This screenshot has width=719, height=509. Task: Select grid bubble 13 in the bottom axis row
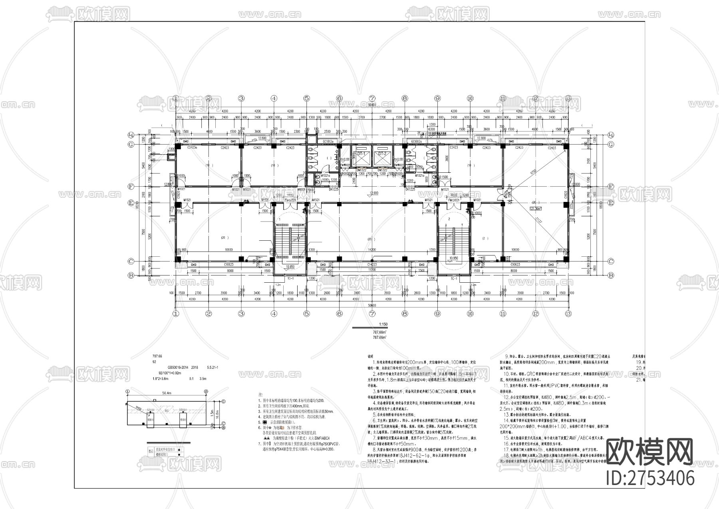tap(568, 313)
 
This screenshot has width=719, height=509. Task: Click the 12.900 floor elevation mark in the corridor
tap(374, 193)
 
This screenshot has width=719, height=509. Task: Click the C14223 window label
tap(372, 264)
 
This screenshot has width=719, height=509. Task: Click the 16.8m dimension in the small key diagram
tap(212, 412)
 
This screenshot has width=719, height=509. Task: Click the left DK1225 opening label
tap(333, 189)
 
